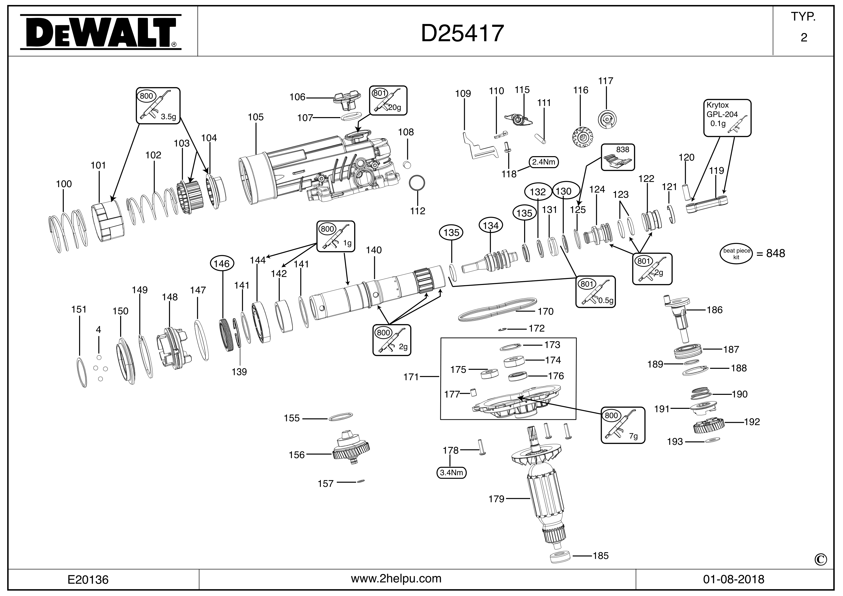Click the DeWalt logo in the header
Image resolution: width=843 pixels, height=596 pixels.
pyautogui.click(x=100, y=32)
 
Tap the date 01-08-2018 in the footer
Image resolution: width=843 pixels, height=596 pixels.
pyautogui.click(x=734, y=579)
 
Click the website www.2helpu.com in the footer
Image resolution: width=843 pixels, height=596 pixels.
pyautogui.click(x=396, y=578)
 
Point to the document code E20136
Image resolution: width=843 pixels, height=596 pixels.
pyautogui.click(x=88, y=579)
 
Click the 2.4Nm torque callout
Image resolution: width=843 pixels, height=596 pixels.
pyautogui.click(x=543, y=162)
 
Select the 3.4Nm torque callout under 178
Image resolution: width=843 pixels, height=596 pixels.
pyautogui.click(x=451, y=472)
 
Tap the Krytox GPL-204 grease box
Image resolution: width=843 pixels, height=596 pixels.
pyautogui.click(x=727, y=118)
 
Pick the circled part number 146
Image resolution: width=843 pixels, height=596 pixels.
pyautogui.click(x=222, y=263)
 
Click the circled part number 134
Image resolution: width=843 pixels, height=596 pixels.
pyautogui.click(x=491, y=225)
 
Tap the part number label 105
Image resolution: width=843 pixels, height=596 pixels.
pyautogui.click(x=256, y=117)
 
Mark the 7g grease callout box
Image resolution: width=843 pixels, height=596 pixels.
pyautogui.click(x=623, y=425)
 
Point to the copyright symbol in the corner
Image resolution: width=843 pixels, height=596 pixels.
pyautogui.click(x=821, y=560)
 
